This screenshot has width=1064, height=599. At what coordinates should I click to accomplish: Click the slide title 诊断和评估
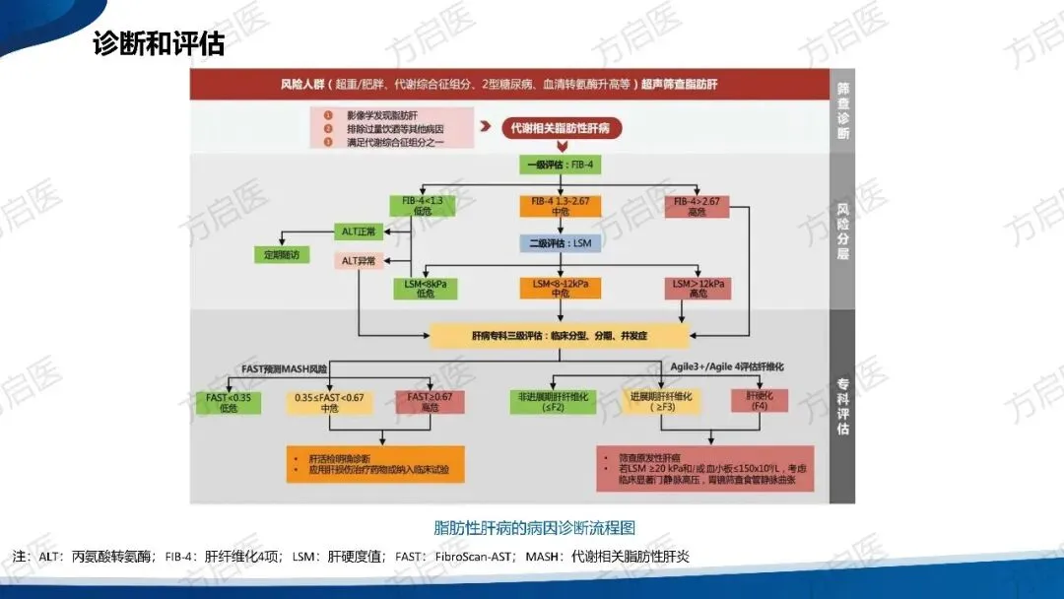159,44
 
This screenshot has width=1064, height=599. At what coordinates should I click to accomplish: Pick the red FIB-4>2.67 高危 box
697,207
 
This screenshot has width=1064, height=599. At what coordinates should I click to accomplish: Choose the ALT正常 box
360,232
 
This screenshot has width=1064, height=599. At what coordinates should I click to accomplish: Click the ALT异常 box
360,261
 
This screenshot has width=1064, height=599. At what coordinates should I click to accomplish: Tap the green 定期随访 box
282,254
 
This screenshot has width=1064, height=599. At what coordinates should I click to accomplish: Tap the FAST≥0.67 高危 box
430,402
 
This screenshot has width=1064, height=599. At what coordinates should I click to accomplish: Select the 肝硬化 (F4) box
759,402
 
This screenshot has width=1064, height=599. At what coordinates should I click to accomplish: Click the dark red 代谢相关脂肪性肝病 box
557,128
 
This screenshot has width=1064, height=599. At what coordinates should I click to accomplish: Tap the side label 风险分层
843,233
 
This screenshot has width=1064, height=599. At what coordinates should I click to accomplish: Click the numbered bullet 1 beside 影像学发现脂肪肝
328,113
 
